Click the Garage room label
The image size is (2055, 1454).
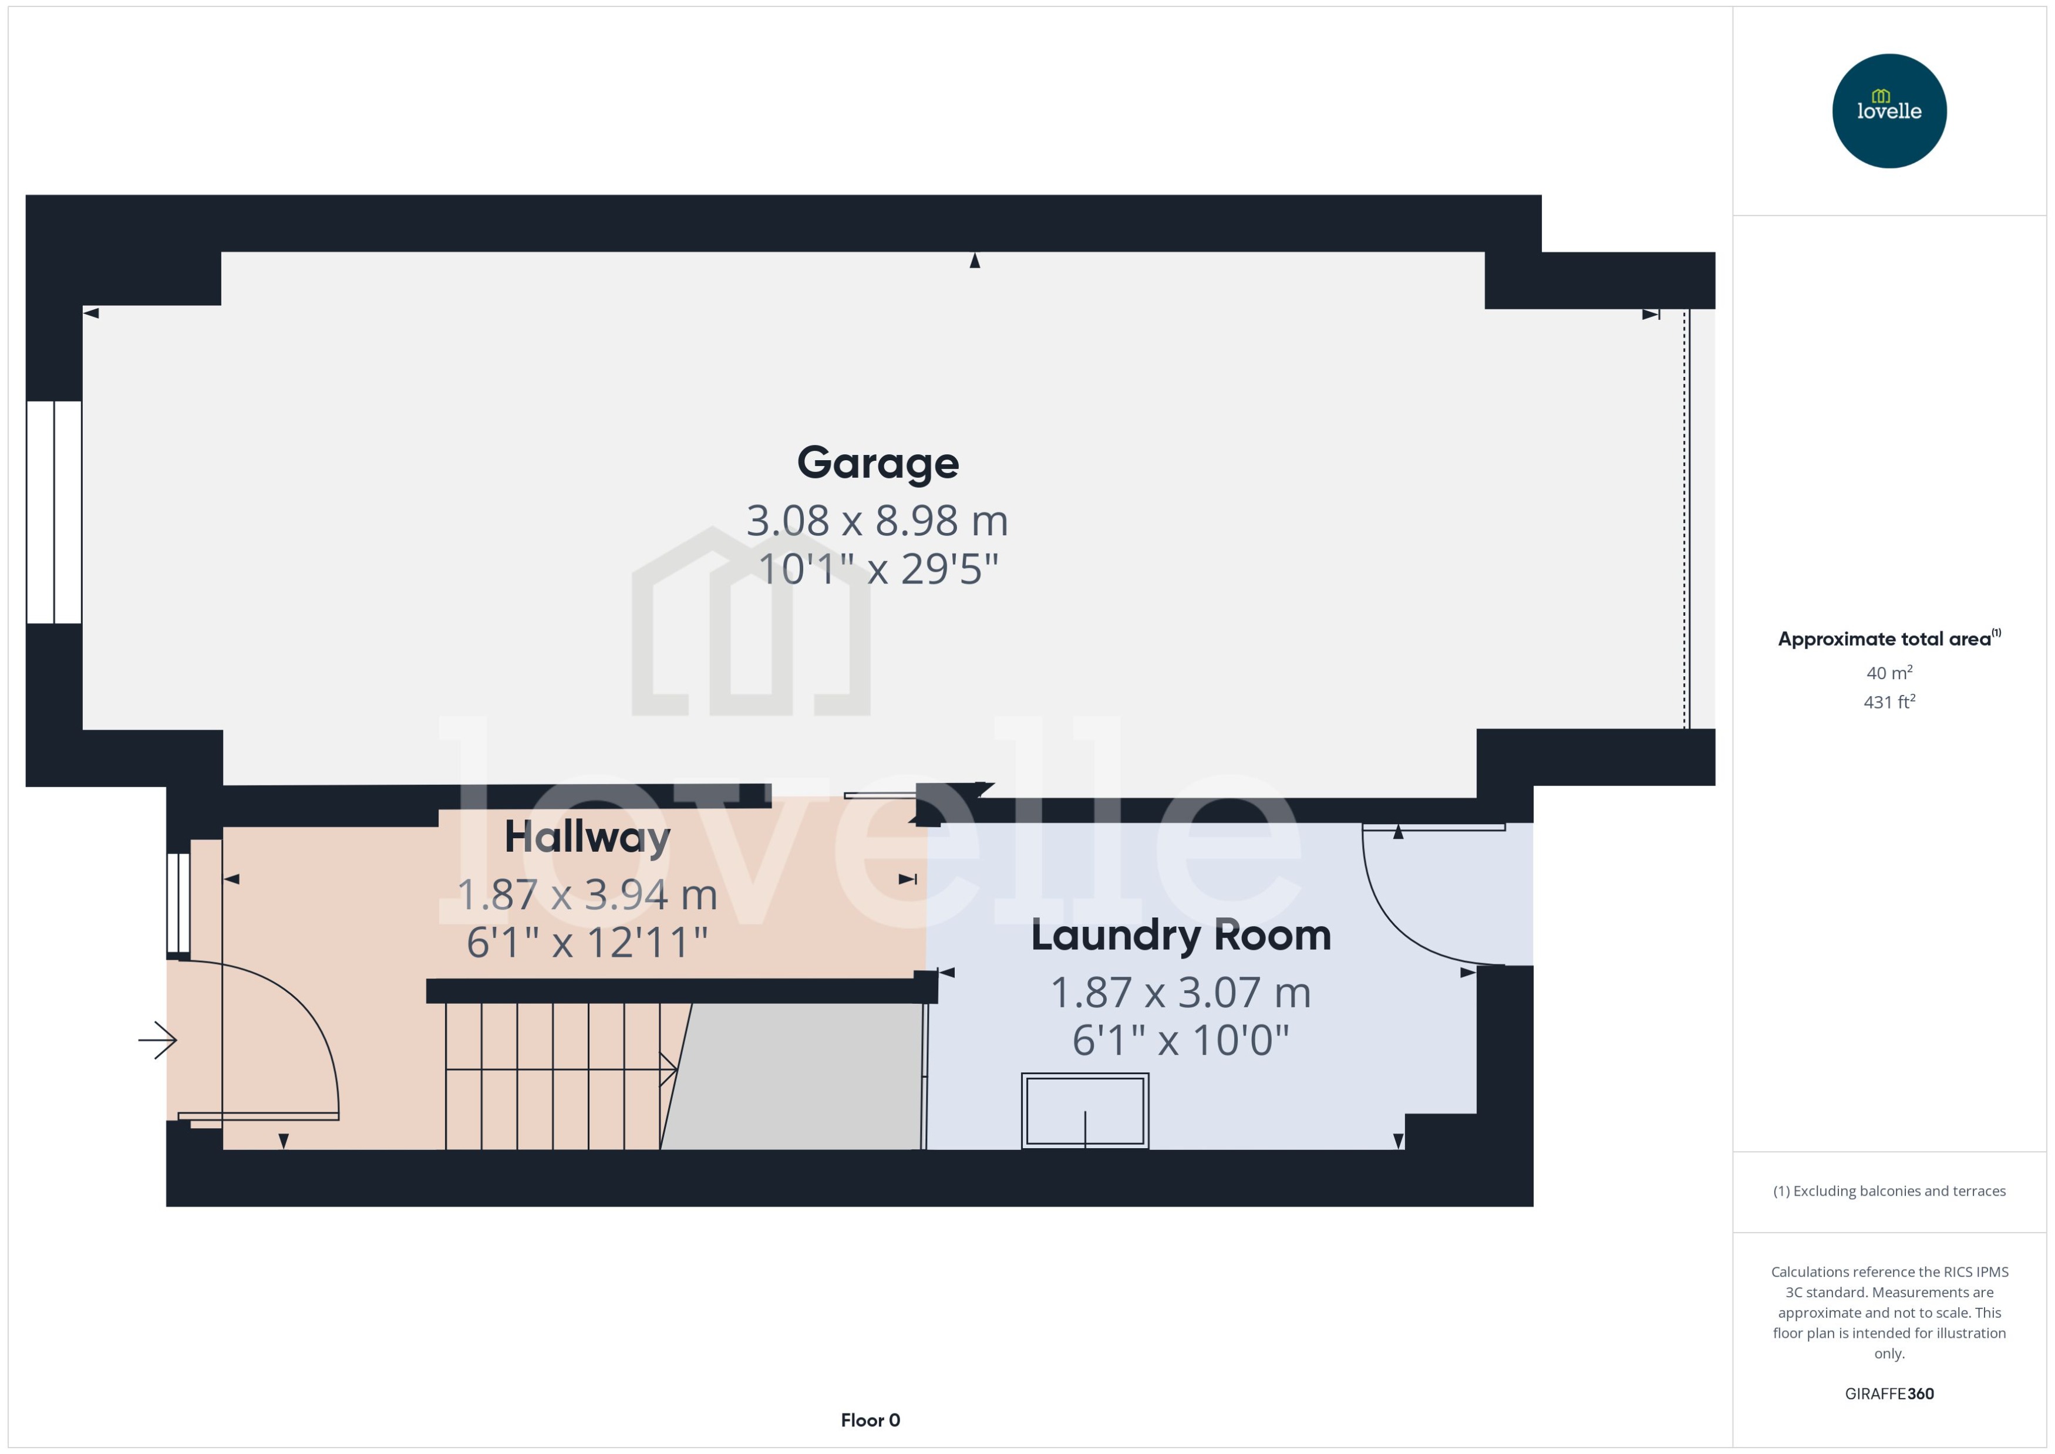(878, 463)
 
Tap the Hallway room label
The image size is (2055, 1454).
(587, 837)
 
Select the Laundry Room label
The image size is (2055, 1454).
(1180, 936)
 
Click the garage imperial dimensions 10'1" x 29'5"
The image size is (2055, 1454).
(878, 569)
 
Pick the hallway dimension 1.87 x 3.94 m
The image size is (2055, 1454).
(587, 895)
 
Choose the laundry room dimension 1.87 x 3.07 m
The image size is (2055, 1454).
(1180, 993)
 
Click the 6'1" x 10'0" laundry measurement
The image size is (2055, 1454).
(1180, 1040)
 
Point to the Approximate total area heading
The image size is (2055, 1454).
(1888, 639)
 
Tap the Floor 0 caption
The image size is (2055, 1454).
(870, 1420)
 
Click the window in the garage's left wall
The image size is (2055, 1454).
(55, 511)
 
